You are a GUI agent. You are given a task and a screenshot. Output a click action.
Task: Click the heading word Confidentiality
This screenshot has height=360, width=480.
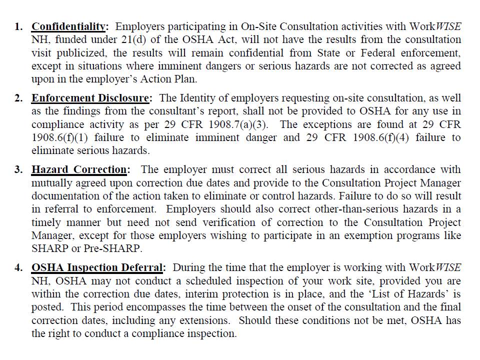(x=69, y=26)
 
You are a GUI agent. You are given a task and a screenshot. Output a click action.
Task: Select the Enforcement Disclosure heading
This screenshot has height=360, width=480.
(x=90, y=98)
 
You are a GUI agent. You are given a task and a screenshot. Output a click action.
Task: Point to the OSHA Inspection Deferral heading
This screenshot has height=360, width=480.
(x=98, y=268)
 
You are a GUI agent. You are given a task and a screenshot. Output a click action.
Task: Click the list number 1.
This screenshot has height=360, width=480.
(x=18, y=26)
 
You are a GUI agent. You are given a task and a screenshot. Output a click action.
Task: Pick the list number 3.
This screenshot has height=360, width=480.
(x=18, y=170)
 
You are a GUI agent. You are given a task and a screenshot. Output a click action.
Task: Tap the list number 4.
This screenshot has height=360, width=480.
(x=18, y=268)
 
